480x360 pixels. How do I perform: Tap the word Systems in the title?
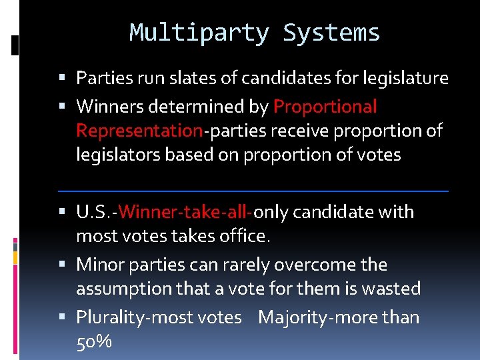(x=331, y=33)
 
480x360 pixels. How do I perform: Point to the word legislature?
(x=406, y=78)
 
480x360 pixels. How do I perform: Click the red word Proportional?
(x=325, y=107)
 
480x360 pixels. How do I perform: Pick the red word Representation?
(x=139, y=131)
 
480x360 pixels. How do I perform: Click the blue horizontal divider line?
(x=253, y=191)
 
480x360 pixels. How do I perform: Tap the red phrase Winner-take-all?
(x=185, y=212)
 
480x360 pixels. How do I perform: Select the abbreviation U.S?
(x=94, y=212)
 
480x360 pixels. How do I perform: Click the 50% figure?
(x=94, y=342)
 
